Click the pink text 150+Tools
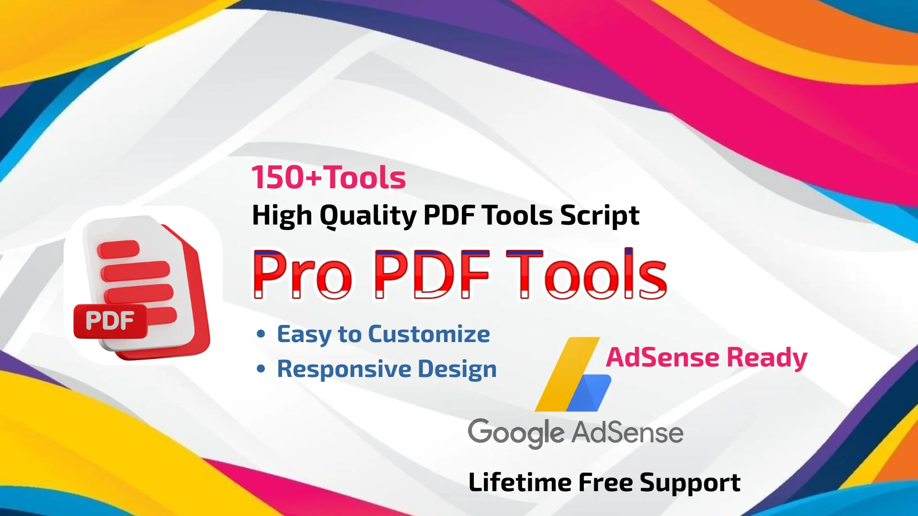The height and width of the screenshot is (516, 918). [328, 178]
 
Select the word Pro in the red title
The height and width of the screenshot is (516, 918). [302, 275]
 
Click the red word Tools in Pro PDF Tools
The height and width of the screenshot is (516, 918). [586, 275]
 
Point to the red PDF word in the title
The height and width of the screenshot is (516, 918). [432, 275]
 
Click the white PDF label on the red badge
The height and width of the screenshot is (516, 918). [109, 321]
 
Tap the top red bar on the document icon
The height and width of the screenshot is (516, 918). [118, 249]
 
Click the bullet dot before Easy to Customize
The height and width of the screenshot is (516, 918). [261, 334]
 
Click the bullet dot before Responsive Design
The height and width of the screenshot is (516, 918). [261, 369]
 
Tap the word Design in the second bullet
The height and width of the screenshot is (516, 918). [457, 369]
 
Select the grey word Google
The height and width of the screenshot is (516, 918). [516, 433]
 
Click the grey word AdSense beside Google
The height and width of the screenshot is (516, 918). [627, 433]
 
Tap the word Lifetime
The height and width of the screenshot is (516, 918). [520, 482]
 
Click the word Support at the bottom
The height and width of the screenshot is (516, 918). [690, 483]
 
